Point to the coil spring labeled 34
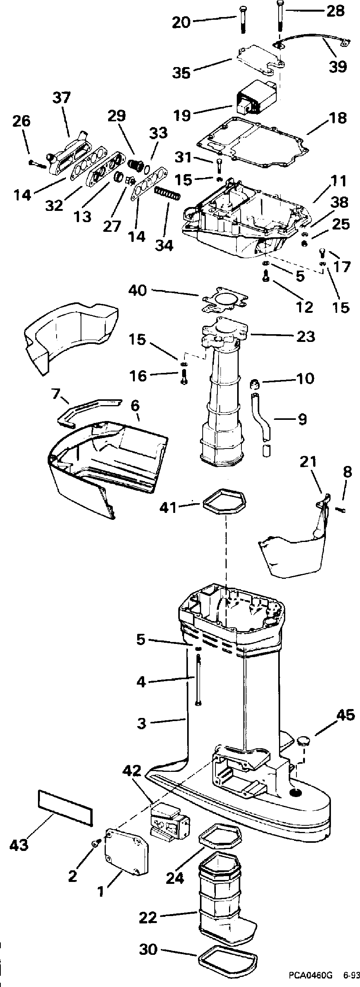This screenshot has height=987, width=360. [168, 193]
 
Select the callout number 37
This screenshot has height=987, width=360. [62, 98]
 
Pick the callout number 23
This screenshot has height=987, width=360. [305, 336]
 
